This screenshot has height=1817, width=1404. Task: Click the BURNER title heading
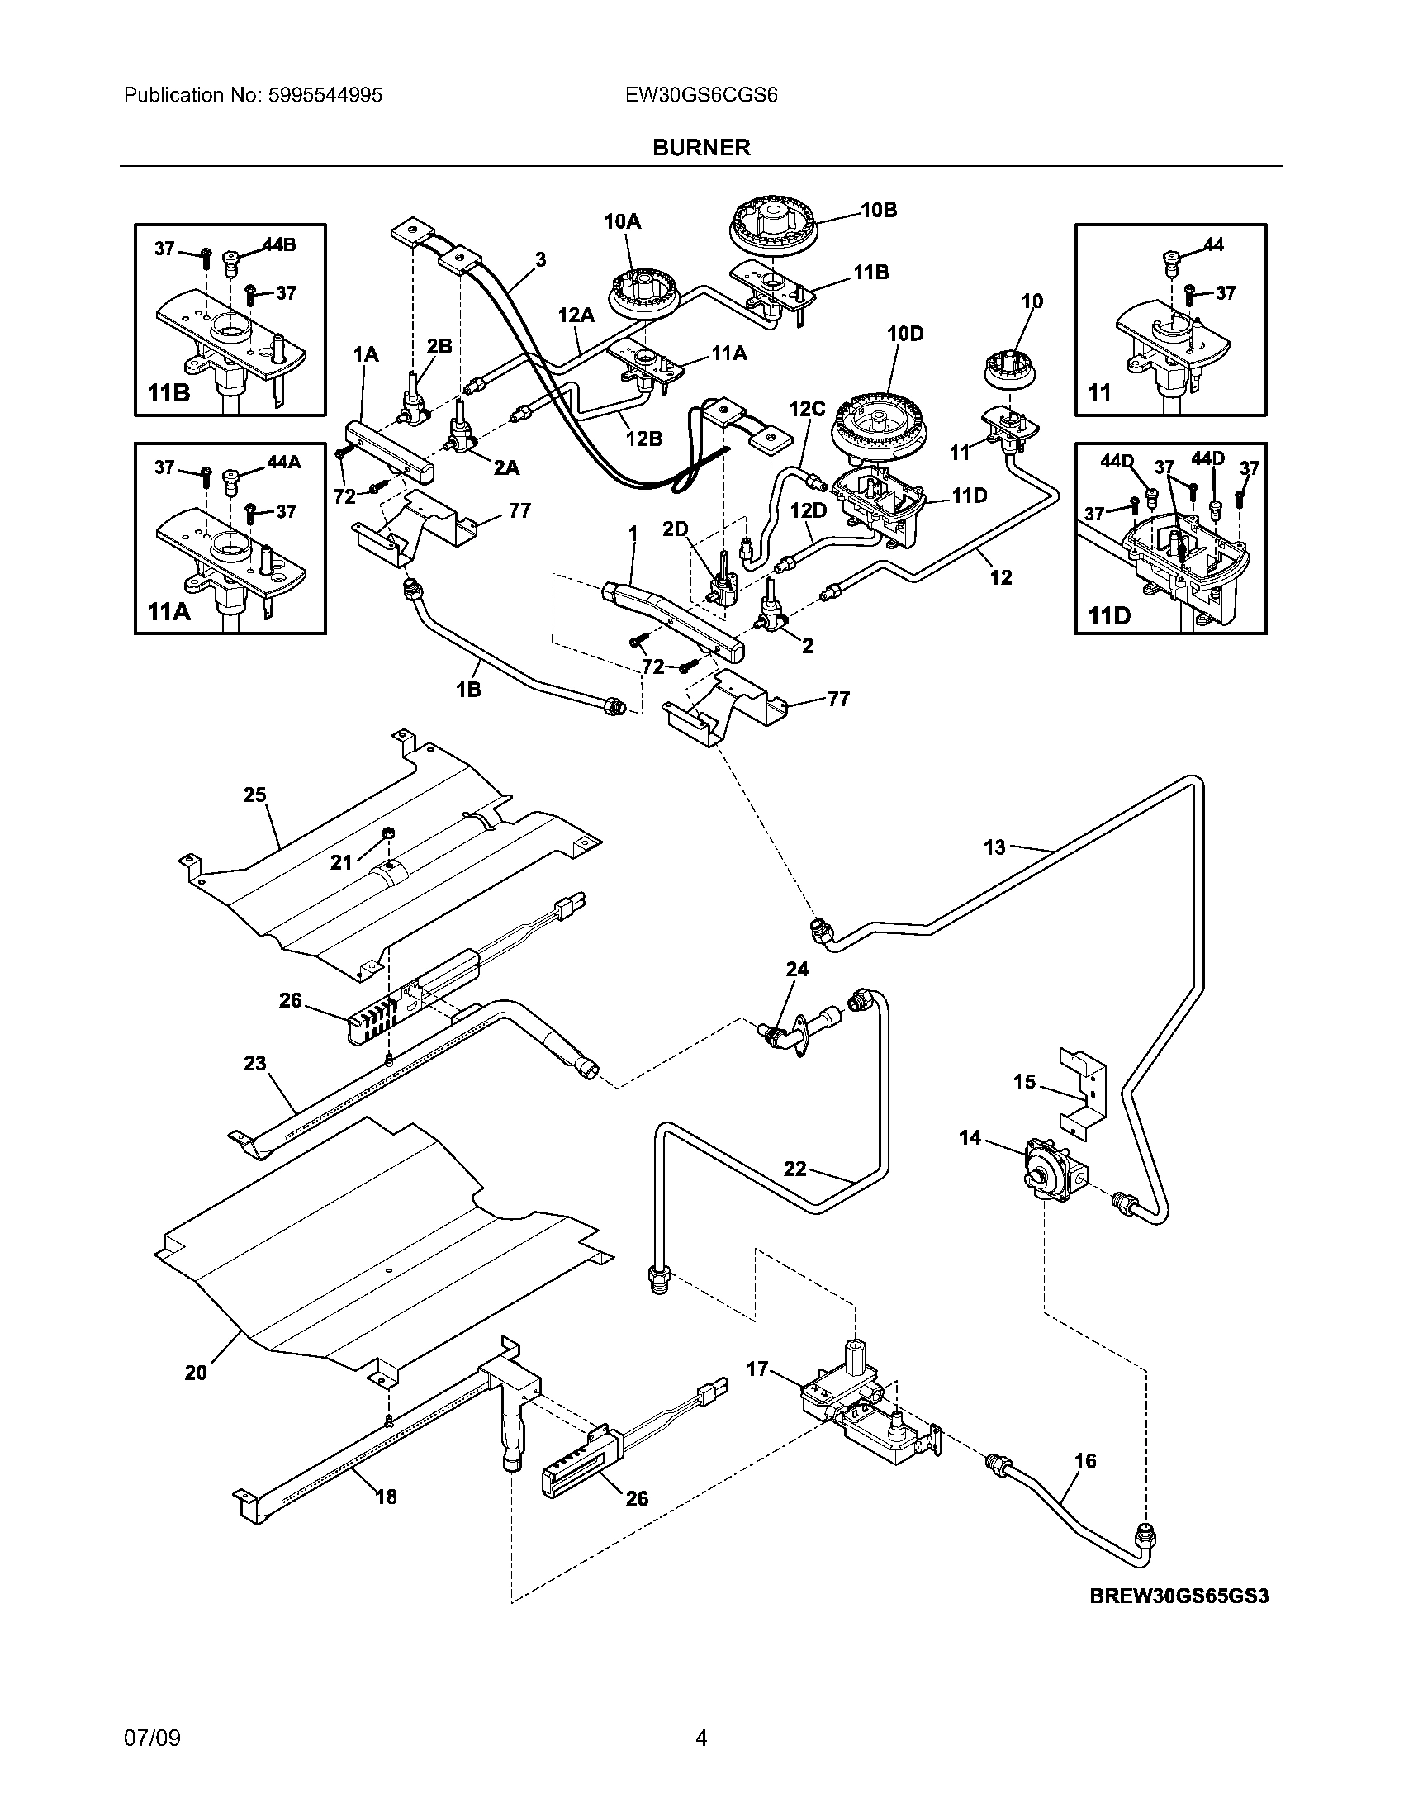point(701,147)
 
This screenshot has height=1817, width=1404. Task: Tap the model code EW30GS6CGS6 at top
point(701,95)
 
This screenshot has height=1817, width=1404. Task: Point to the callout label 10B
point(879,210)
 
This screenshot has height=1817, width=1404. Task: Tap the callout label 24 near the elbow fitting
point(797,969)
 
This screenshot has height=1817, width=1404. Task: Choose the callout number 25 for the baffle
point(254,795)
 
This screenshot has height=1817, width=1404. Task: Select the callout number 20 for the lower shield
point(196,1373)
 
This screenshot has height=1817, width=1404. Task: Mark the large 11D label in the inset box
point(1109,615)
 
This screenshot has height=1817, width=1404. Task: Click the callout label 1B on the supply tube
point(468,689)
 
